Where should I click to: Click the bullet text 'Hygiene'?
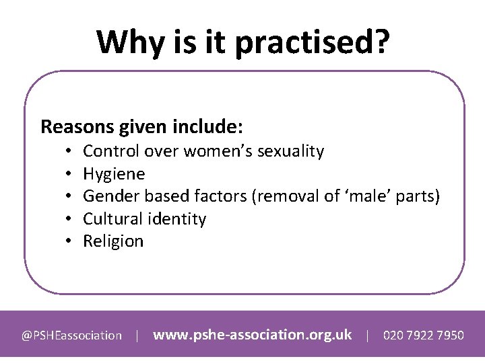tap(113, 174)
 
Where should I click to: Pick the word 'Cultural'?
tap(111, 219)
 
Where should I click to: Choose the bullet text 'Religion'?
tap(113, 241)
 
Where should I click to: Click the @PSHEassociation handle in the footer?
tap(71, 335)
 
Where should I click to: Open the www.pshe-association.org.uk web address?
tap(253, 334)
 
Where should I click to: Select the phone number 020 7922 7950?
tap(423, 335)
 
